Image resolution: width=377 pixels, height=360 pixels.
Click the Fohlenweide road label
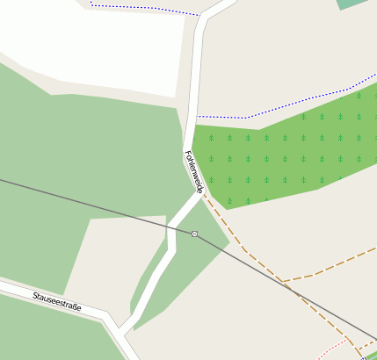pos(194,172)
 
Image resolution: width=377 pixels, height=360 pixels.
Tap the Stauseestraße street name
pos(57,302)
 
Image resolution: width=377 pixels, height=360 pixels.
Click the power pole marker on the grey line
pos(194,234)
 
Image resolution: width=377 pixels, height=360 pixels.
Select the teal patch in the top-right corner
pos(353,4)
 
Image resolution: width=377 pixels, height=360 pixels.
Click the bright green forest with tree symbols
pos(281,154)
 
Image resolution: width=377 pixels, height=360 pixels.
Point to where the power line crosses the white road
pos(171,226)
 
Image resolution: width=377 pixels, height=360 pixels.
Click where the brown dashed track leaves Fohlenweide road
pos(203,194)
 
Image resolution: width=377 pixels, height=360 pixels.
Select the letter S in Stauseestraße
pos(35,296)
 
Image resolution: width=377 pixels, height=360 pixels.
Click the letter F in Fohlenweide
pos(187,155)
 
